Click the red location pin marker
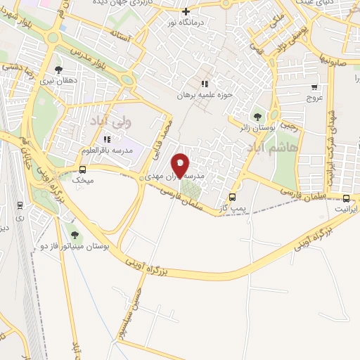click(x=181, y=165)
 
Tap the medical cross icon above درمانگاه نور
click(x=186, y=11)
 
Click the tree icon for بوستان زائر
click(x=257, y=115)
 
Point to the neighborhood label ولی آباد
click(x=101, y=122)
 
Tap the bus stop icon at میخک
click(x=82, y=169)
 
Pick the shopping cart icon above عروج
click(x=314, y=88)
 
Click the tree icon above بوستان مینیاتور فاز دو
click(x=75, y=235)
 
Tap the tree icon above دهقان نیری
click(x=58, y=70)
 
